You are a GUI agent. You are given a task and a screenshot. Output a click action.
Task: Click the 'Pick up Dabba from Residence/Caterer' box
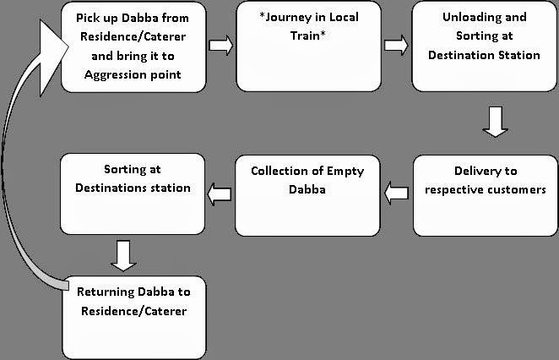coord(133,46)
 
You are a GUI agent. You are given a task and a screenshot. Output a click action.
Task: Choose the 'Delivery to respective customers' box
coord(484,195)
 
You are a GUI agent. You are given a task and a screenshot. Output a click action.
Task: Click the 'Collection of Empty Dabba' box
coord(307,195)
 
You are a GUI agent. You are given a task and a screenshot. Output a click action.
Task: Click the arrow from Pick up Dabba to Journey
coord(220,45)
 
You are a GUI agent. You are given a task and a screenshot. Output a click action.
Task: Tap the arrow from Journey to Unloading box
coord(395,45)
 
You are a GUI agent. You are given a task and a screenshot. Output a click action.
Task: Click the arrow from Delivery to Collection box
coord(394,194)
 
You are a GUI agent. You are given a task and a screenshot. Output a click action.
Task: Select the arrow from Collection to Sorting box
coord(220,194)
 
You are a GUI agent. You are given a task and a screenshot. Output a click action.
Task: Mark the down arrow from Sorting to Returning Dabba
coord(123,255)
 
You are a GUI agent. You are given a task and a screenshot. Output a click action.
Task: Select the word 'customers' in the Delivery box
coord(517,188)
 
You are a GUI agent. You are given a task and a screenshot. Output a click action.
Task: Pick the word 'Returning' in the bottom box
coord(114,292)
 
